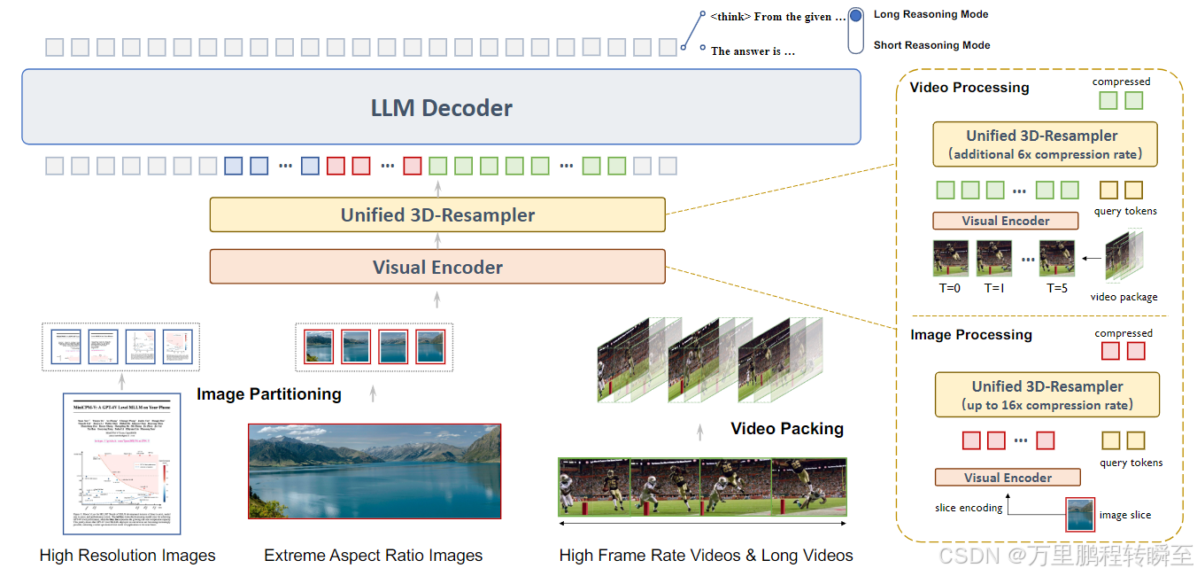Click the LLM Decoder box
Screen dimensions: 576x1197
441,107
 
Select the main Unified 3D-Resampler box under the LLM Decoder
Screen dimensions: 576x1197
437,214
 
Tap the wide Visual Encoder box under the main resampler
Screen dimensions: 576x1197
437,267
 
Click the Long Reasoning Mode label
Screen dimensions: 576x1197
931,14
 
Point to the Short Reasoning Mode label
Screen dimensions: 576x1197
931,45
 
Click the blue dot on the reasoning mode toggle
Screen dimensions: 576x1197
855,16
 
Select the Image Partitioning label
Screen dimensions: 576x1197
269,394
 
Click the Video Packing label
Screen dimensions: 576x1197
786,429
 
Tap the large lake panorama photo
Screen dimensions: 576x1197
375,470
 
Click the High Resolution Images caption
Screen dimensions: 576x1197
127,556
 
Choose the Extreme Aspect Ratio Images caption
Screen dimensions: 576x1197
373,556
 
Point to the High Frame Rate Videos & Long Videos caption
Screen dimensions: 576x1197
706,556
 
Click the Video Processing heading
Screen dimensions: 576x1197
969,88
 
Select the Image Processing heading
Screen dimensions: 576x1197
971,335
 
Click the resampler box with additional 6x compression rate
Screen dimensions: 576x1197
1045,144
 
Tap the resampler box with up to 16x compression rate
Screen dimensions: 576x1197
1046,395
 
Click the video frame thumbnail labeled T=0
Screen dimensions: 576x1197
950,259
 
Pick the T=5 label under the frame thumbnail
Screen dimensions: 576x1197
1057,288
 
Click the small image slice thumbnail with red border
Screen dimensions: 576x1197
1078,514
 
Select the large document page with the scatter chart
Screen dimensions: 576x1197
121,463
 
